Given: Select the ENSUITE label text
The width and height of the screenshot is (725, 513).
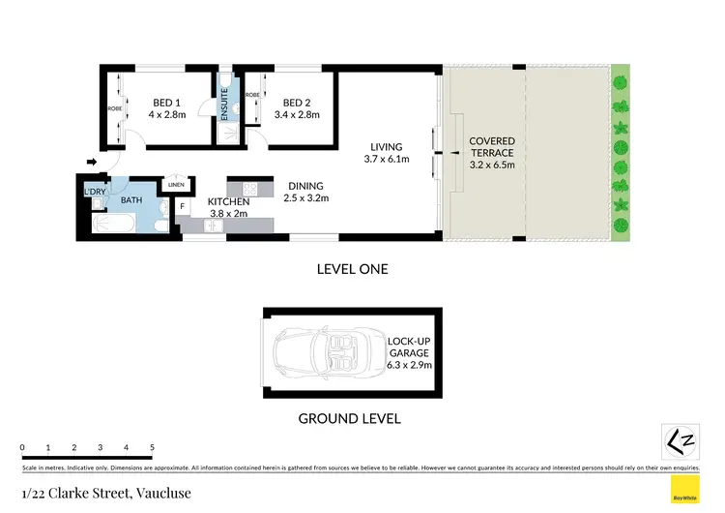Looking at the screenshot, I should coord(224,101).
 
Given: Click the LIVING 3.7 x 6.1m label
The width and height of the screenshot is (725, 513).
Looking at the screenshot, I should coord(383,153).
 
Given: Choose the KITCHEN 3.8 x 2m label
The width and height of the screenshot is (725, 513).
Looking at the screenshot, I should coord(229,207).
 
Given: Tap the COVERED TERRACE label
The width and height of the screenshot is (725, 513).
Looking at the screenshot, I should coord(492,153).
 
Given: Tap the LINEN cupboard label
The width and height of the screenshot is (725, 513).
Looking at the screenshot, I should coord(176,185).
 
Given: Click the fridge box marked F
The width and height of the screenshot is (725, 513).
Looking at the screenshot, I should coord(183,206).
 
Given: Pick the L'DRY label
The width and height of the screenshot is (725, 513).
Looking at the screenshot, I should coord(95,191).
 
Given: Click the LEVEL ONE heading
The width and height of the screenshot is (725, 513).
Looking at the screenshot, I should coord(352,269).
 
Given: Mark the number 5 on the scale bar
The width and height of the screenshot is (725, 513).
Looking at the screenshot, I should coord(152,448).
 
